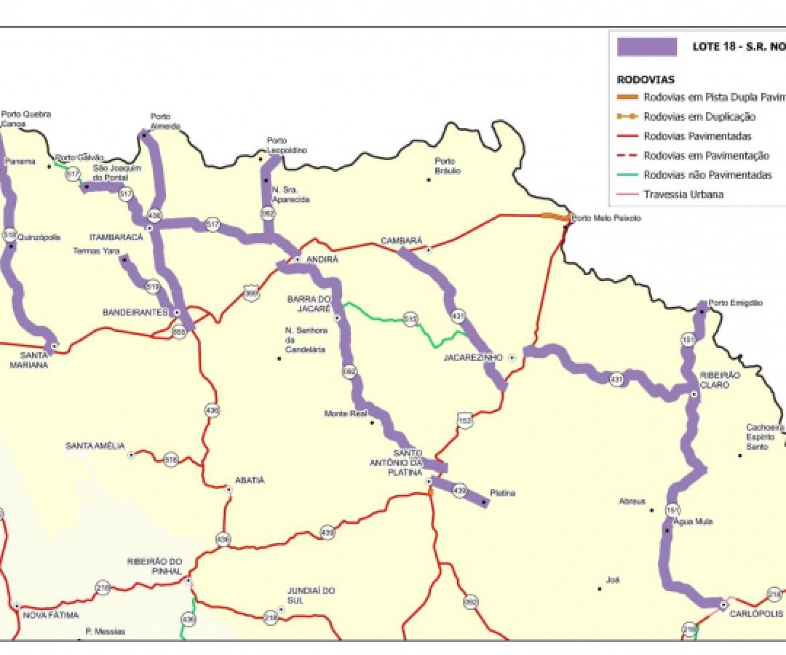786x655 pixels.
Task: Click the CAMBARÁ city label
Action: [402, 241]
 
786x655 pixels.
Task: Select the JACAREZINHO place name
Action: [473, 358]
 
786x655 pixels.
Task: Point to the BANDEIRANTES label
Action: [135, 312]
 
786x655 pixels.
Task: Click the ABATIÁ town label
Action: [250, 480]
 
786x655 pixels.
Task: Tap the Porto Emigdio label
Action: [735, 303]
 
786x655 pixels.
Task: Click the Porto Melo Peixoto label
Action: [606, 218]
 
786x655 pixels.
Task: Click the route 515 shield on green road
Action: [410, 319]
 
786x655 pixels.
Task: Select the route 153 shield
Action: [465, 420]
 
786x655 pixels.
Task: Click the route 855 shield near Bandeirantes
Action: [178, 331]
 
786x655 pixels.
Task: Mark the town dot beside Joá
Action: [600, 588]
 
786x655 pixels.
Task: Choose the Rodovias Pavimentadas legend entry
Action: [698, 136]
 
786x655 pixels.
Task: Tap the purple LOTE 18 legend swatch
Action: [647, 47]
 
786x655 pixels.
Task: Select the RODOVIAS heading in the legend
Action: [646, 79]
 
